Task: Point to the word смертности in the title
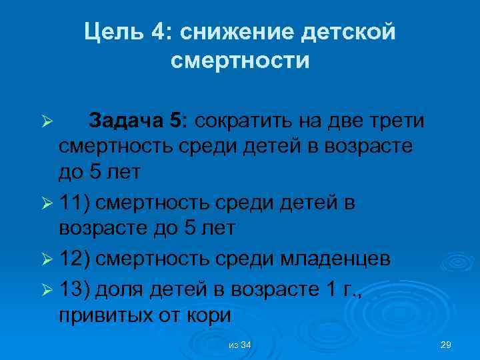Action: coord(240,61)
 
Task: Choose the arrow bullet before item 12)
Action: coord(47,259)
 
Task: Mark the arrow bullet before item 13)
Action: coord(47,288)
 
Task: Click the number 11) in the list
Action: coord(78,201)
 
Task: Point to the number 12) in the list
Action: coord(78,258)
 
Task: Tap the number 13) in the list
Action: coord(78,287)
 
